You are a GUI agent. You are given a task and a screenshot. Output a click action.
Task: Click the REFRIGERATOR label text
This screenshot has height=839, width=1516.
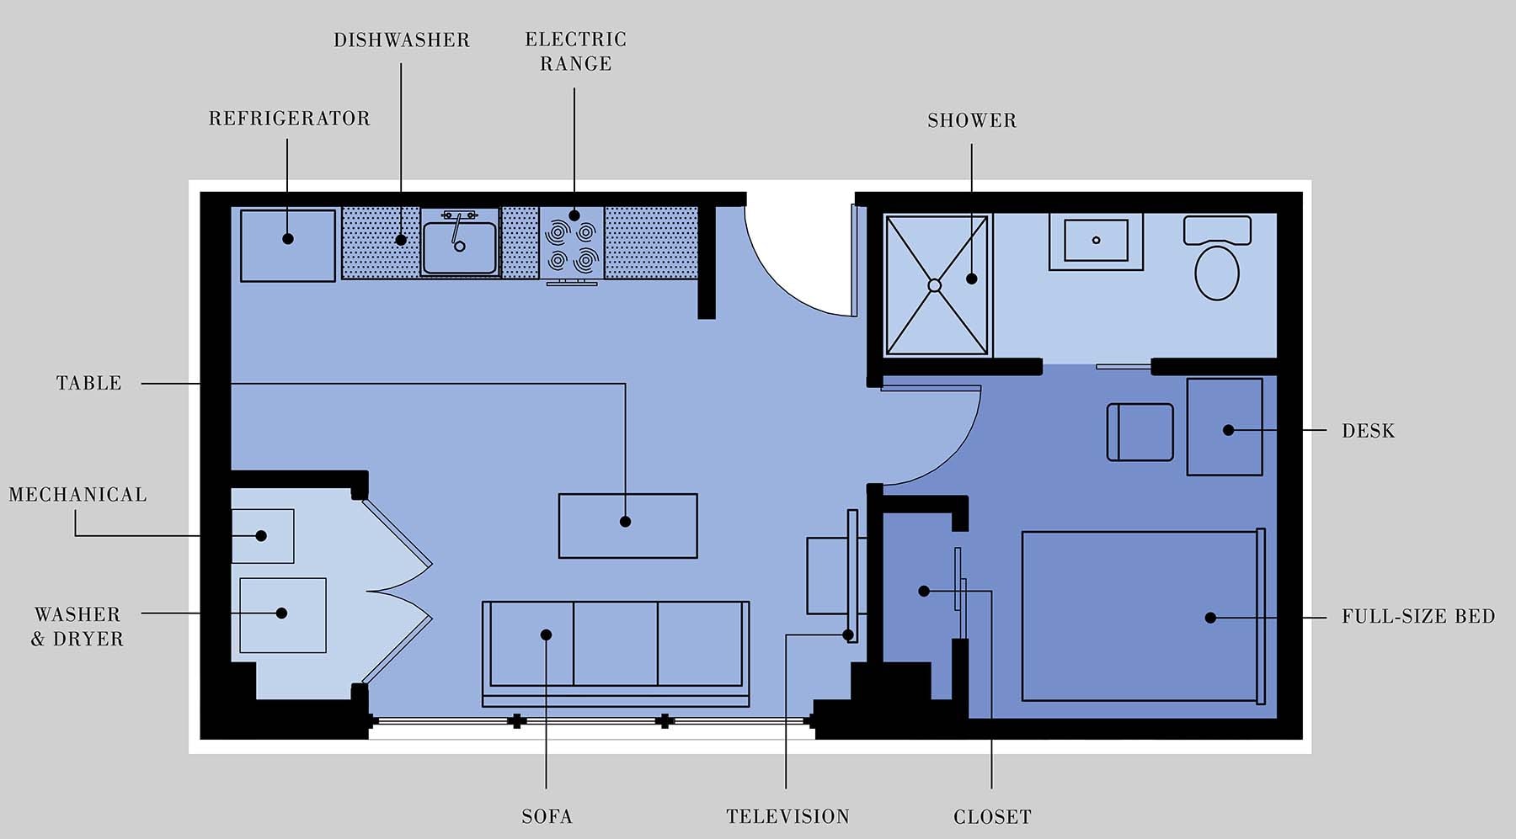[x=289, y=119]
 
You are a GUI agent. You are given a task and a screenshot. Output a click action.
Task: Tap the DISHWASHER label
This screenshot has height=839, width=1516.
[x=401, y=40]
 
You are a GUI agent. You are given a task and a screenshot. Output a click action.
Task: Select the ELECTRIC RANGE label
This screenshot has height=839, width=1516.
[x=575, y=51]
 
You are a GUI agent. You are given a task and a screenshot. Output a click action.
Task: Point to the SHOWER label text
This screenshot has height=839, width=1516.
[x=971, y=121]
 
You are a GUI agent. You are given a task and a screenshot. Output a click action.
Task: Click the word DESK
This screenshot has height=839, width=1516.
[x=1368, y=431]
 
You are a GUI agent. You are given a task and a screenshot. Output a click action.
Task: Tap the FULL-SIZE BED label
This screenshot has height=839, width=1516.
[x=1417, y=617]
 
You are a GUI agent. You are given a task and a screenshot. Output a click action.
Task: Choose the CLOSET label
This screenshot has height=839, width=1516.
[x=991, y=817]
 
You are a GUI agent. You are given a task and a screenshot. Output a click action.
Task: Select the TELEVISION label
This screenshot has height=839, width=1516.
[x=787, y=817]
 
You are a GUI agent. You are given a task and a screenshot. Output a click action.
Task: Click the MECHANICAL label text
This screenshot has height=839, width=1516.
[x=77, y=495]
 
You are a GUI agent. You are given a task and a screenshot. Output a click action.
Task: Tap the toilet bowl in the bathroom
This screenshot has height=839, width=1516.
[x=1216, y=272]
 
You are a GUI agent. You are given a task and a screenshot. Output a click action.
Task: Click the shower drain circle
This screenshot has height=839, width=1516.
[x=934, y=285]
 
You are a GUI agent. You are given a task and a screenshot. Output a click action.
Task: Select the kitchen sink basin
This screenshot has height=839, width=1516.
[x=459, y=247]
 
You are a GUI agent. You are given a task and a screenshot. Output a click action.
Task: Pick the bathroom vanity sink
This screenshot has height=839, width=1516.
[x=1096, y=240]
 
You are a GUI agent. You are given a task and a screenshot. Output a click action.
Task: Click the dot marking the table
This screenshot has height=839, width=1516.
[x=625, y=522]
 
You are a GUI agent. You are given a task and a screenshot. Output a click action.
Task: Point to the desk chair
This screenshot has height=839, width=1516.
[x=1140, y=432]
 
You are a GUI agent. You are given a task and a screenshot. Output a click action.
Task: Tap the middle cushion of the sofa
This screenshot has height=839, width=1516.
[x=615, y=644]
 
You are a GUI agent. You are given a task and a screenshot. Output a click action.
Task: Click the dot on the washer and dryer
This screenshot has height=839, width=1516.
[x=281, y=613]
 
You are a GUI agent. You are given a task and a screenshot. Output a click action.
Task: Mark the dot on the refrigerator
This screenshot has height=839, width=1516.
[x=287, y=239]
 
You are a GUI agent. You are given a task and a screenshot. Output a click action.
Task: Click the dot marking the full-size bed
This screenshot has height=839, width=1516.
[x=1210, y=618]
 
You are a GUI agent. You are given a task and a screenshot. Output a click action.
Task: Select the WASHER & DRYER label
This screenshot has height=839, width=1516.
[x=77, y=627]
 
